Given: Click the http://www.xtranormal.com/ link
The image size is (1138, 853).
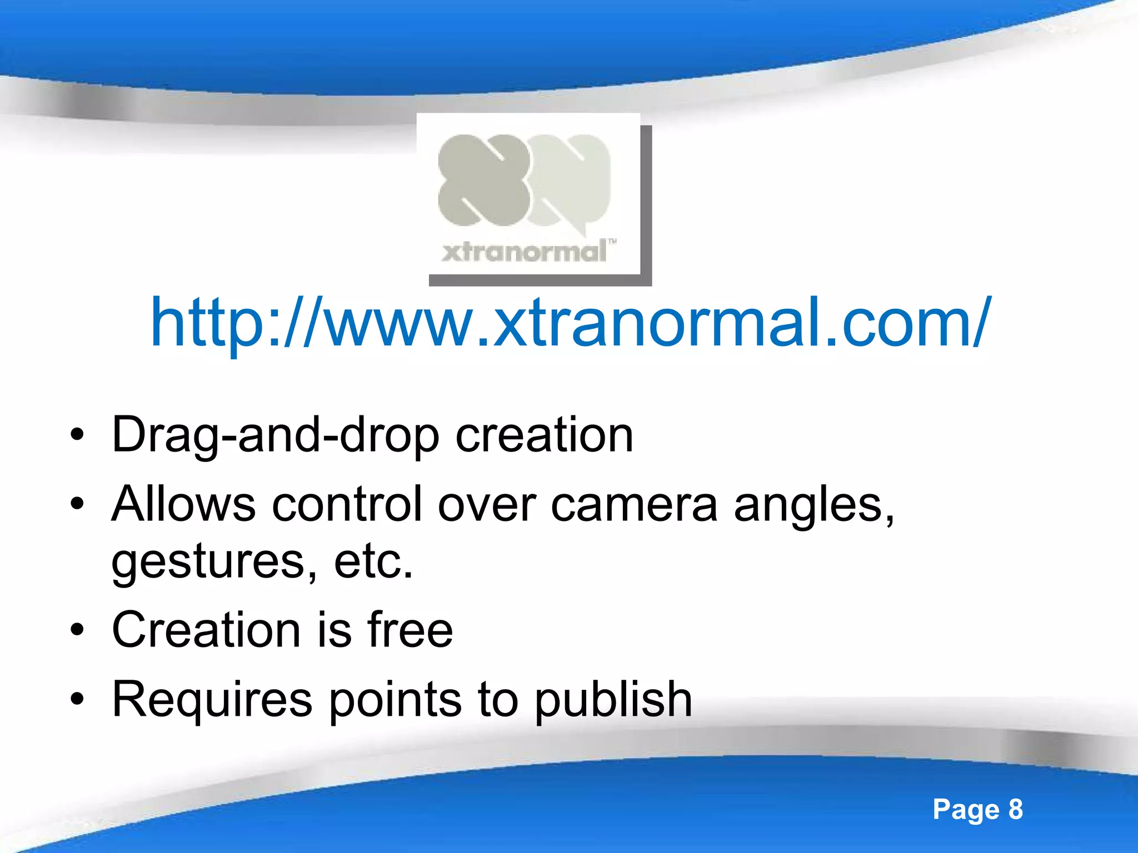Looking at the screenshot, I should point(570,323).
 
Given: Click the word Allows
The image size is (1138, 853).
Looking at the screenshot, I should point(183,504).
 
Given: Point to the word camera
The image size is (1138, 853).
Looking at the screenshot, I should point(634,504).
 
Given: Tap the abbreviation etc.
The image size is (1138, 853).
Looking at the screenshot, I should point(373,562).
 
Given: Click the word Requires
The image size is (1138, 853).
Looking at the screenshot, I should point(212,700).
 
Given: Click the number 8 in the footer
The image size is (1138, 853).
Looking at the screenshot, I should point(1015,809).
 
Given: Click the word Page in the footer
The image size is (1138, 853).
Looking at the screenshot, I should point(966,810).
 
